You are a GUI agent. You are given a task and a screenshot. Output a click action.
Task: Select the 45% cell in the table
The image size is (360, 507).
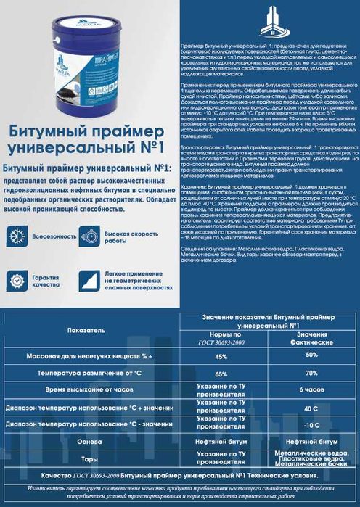221,357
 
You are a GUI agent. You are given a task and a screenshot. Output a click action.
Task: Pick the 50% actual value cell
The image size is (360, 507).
311,355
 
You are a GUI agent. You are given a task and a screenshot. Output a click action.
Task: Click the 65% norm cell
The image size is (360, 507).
221,374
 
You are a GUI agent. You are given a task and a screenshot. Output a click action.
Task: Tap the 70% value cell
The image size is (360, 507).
311,373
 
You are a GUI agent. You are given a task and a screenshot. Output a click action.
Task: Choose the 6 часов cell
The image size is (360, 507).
311,390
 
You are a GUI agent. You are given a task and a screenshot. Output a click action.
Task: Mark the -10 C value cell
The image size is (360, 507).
311,424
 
